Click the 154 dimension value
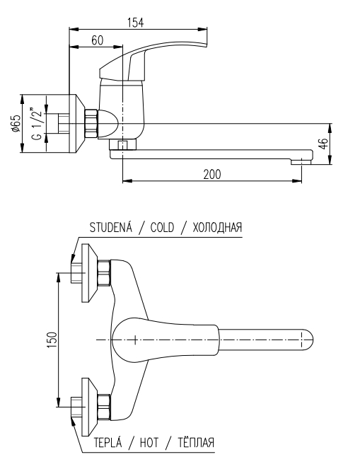tap(136, 23)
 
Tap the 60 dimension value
tap(97, 40)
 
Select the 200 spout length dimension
tap(212, 174)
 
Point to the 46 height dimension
tap(324, 144)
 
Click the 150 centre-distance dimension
tap(52, 340)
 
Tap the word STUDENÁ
tap(110, 227)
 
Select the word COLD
tap(162, 228)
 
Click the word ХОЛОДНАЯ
tap(217, 228)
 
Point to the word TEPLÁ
tap(108, 442)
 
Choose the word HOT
tap(149, 442)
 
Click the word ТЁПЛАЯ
tap(197, 442)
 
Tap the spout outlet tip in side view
tap(301, 162)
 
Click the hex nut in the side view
tap(91, 124)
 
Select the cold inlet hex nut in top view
tap(104, 273)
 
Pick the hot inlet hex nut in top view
tap(104, 407)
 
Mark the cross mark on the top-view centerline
tap(135, 340)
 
